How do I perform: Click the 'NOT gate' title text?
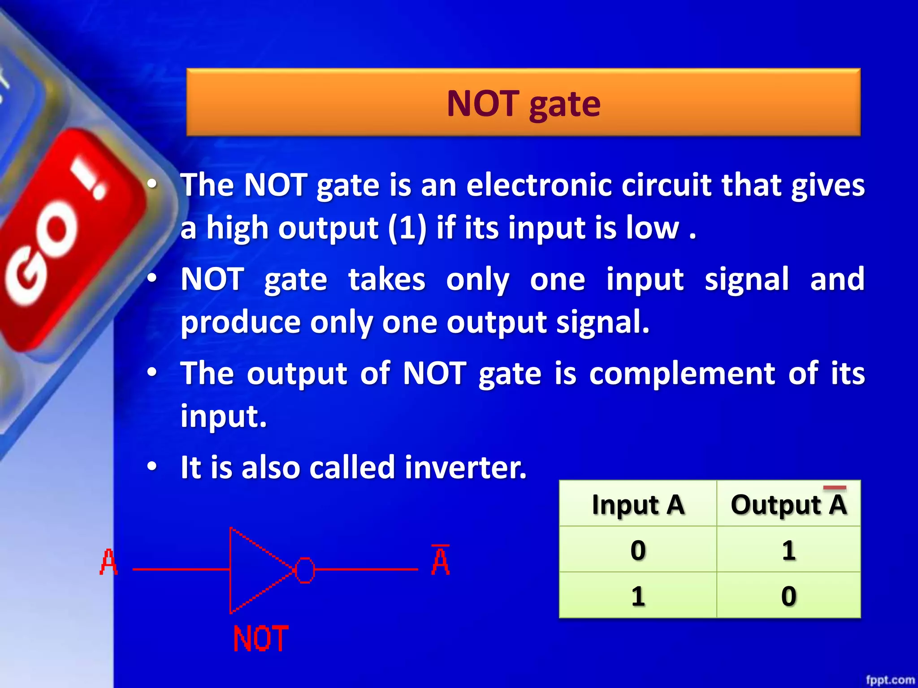coord(524,104)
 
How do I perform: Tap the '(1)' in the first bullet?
coord(407,228)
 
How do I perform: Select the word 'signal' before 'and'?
coord(747,279)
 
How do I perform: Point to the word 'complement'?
coord(682,374)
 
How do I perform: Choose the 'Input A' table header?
coord(638,505)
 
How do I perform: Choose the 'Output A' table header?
coord(789,505)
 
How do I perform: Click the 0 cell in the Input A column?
coord(638,550)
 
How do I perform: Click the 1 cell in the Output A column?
coord(789,550)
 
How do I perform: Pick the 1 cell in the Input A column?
coord(638,596)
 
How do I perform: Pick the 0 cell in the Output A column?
coord(789,596)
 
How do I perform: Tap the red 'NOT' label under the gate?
coord(261,639)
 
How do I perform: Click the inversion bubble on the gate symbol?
coord(305,570)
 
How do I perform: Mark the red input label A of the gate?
coord(108,562)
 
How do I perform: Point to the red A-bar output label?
coord(440,561)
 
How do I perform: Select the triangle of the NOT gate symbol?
coord(255,570)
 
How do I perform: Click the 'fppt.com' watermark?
coord(890,680)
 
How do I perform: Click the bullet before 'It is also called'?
coord(152,467)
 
